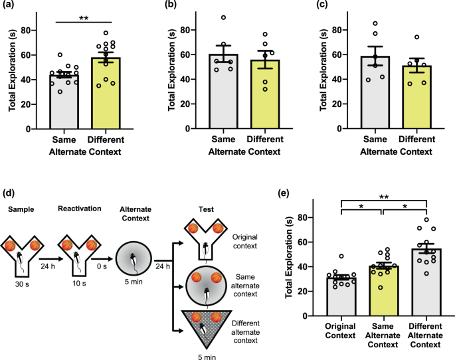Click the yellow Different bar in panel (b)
pos(248,96)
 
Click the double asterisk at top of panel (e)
pos(383,197)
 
